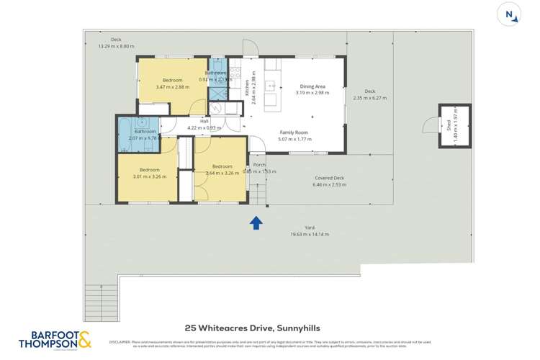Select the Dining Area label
tap(312, 86)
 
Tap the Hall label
tap(204, 122)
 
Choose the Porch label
tap(259, 165)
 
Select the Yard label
tap(309, 228)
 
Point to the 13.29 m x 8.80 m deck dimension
tap(117, 46)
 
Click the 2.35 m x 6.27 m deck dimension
tap(370, 98)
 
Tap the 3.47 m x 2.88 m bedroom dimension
tap(172, 87)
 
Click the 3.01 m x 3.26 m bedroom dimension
tap(150, 176)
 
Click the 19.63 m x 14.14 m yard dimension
tap(309, 234)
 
